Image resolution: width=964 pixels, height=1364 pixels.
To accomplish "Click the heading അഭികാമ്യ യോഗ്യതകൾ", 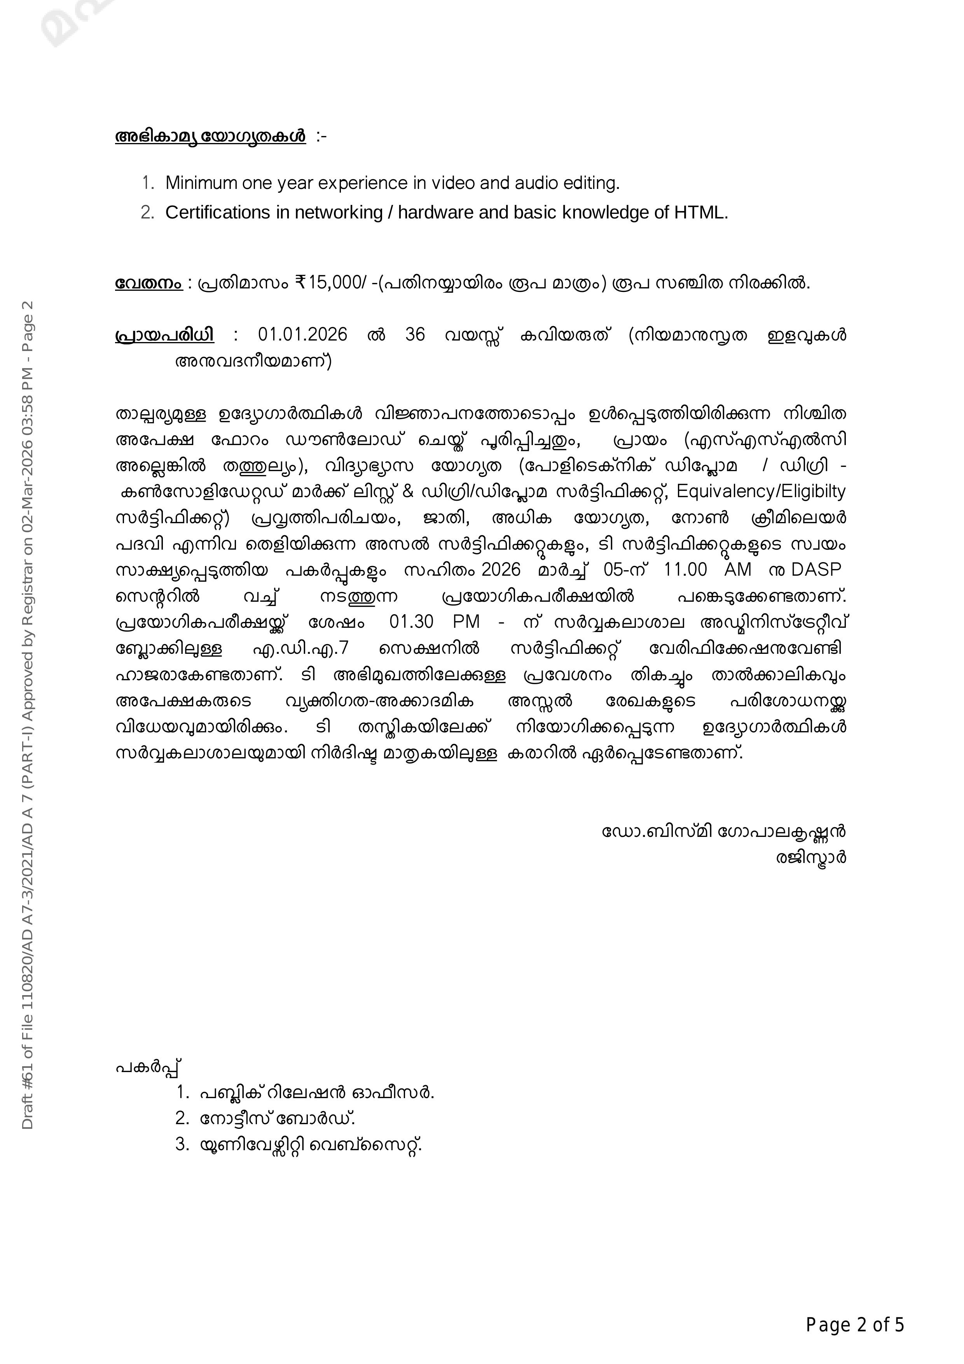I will [210, 137].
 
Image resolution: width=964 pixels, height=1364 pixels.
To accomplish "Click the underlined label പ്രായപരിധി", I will [164, 335].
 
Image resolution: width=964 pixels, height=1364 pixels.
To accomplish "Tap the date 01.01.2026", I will [302, 335].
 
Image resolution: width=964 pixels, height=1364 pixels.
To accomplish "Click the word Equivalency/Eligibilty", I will [761, 491].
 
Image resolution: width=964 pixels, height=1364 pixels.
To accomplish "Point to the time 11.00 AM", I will [707, 570].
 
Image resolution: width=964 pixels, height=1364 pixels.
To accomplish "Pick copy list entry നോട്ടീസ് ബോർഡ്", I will [278, 1119].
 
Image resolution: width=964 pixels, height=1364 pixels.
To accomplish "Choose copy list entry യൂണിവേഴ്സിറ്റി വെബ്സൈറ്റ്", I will [311, 1145].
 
